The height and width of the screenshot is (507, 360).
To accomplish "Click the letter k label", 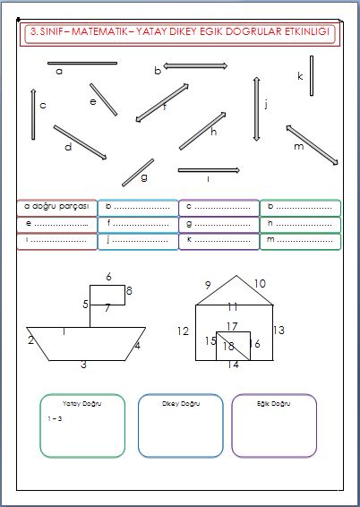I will coord(301,76).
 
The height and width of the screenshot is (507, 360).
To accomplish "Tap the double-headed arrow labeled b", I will coord(195,65).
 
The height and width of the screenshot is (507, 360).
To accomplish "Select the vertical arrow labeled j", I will coord(256,107).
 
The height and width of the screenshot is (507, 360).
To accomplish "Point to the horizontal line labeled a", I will coord(82,63).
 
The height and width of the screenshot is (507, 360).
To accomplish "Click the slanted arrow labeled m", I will coord(312,145).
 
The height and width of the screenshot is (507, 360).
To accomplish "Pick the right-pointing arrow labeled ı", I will coord(209,169).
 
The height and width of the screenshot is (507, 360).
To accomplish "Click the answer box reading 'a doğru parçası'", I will coord(56,207).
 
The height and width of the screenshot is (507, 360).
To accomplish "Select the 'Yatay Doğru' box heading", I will coord(82,404).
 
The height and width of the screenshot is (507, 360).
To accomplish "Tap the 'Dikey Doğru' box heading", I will coord(180,404).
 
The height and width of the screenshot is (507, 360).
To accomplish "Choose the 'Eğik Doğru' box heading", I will coord(273,404).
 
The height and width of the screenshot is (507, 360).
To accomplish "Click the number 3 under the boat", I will coord(83,365).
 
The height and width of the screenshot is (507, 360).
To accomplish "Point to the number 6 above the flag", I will coord(108,277).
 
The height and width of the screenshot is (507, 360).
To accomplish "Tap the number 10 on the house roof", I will coord(260,284).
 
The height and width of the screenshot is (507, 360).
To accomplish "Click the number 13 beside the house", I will coord(279,331).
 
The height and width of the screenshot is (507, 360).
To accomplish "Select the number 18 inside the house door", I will coord(228,346).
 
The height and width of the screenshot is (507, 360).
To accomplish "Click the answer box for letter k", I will coord(219,241).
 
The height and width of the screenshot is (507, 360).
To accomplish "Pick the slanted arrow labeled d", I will coord(80,142).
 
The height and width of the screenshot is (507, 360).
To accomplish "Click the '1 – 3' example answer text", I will coord(55,418).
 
